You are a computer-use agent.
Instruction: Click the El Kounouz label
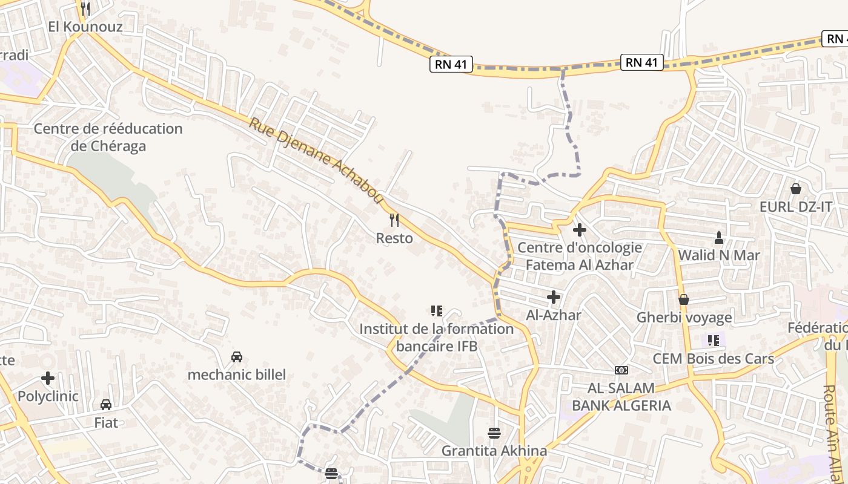coord(85,27)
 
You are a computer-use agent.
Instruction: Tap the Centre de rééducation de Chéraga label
coord(108,137)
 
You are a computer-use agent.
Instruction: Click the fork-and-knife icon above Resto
coord(394,220)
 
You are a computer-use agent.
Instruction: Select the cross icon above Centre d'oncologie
coord(580,230)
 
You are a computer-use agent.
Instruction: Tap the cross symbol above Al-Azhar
coord(553,297)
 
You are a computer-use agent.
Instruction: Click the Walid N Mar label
coord(718,255)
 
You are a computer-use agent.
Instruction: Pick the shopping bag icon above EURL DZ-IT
coord(796,189)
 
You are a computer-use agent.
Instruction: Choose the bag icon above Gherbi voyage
coord(684,299)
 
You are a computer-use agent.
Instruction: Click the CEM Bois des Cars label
coord(713,359)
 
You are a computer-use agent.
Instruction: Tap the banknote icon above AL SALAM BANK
coord(621,370)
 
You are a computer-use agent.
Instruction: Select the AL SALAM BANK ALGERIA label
coord(621,397)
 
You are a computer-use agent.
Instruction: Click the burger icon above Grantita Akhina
coord(494,433)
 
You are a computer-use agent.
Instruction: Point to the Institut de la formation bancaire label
coord(436,338)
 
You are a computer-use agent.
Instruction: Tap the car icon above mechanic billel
coord(236,357)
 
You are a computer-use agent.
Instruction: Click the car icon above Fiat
coord(106,404)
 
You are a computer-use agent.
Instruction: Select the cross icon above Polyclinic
coord(48,379)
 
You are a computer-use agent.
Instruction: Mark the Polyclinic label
coord(48,396)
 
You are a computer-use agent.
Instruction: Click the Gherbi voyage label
coord(684,318)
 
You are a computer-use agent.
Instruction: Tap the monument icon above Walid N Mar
coord(719,237)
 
